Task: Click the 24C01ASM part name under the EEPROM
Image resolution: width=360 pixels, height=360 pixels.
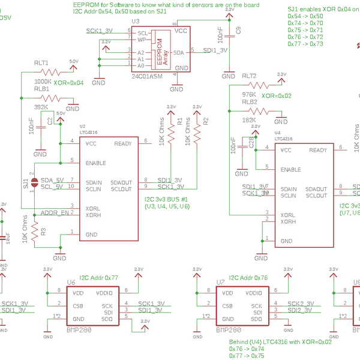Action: coord(147,77)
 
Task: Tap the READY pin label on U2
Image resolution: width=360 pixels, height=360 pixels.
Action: coord(122,143)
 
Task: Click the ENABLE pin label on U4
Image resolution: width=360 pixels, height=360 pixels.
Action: coord(291,169)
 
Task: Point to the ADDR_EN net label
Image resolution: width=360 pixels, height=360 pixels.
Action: coord(55,213)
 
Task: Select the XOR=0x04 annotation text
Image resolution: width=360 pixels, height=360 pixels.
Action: coord(68,83)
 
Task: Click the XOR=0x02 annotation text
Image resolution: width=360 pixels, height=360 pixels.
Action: coord(277,95)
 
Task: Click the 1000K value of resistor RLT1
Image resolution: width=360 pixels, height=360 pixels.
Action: coord(43,81)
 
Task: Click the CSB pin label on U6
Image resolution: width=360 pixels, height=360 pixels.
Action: coord(78,305)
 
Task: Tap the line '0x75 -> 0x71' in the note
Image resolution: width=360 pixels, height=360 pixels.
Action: coord(305,29)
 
